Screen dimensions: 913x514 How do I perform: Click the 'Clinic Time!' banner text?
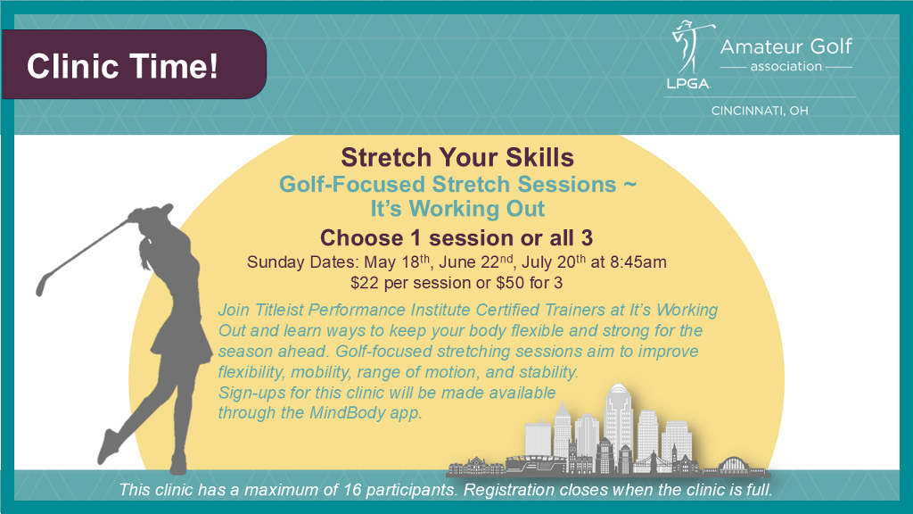pos(122,66)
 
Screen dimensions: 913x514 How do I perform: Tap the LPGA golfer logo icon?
pos(690,54)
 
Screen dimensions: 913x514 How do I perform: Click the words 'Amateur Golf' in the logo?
pos(786,46)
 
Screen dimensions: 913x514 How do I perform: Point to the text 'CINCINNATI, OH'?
pos(760,111)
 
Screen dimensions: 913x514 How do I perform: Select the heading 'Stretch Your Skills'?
pos(457,157)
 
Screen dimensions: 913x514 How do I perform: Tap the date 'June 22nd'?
pos(476,261)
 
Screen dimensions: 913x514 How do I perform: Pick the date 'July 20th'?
pos(554,261)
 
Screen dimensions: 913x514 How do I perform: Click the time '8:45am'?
pos(638,262)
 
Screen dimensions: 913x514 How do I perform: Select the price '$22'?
pos(362,283)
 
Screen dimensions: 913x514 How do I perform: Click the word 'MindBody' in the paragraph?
pos(347,412)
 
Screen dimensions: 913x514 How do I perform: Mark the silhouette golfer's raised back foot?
pos(108,446)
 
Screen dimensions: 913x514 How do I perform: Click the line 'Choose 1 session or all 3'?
pos(456,237)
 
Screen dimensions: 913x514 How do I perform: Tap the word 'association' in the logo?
pos(786,66)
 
